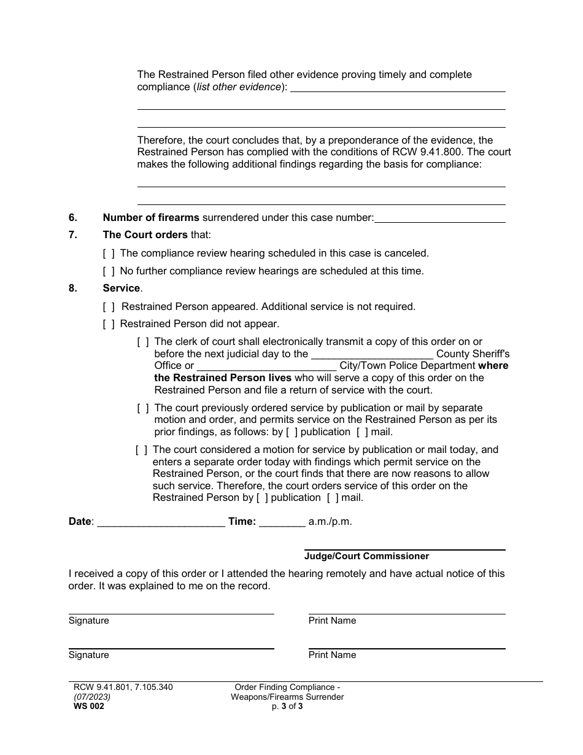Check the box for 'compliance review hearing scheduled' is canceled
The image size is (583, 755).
coord(109,253)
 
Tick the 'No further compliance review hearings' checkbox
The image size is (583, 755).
coord(109,271)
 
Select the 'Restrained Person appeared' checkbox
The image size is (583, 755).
coord(109,306)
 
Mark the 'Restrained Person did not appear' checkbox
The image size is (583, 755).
coord(109,323)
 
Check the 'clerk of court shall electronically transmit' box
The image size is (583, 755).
coord(143,341)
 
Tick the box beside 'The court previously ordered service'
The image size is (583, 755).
coord(143,408)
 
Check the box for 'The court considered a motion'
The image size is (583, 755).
coord(141,449)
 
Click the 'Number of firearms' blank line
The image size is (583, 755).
coord(439,218)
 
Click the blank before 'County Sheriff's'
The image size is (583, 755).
coord(373,354)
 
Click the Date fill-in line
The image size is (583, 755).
coord(161,522)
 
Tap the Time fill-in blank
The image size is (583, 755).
coord(282,522)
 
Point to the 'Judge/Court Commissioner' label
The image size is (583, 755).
coord(366,556)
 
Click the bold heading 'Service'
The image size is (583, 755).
coord(122,288)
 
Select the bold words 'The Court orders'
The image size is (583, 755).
coord(145,234)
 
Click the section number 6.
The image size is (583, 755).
coord(73,217)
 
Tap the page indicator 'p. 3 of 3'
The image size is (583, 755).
coord(287,707)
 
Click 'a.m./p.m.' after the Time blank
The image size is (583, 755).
coord(330,522)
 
